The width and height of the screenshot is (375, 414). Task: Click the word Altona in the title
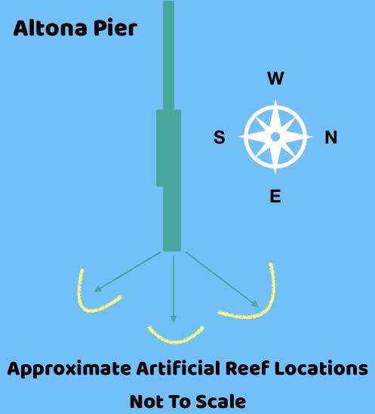(50, 28)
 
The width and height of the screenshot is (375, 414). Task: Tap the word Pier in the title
(115, 28)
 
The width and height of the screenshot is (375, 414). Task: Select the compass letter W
(275, 78)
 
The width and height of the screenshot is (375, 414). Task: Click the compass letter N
(331, 137)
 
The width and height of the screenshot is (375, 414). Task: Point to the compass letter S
(220, 137)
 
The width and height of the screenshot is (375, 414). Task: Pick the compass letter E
(275, 196)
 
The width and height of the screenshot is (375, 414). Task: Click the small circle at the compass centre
(275, 137)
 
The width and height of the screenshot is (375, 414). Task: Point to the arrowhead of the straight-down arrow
(174, 319)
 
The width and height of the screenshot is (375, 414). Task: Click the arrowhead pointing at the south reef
(97, 289)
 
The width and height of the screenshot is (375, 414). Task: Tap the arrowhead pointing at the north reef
(256, 304)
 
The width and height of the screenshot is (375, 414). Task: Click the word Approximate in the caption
(69, 369)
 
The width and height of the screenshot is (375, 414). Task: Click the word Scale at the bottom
(221, 402)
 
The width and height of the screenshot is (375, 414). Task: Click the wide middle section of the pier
(169, 148)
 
